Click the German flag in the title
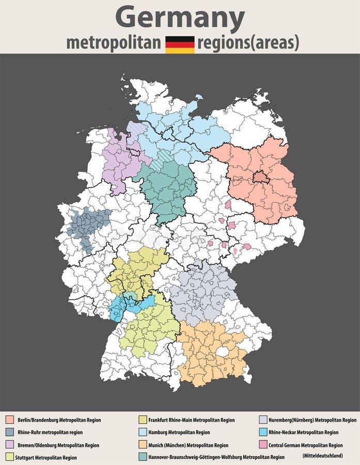tap(180, 44)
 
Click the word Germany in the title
tap(180, 18)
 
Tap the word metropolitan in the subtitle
tap(114, 43)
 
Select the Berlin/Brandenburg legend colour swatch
tap(9, 420)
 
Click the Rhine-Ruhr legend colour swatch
tap(9, 432)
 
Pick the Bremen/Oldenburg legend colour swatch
tap(9, 445)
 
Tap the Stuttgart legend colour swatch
tap(9, 457)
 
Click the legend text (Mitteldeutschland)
tap(322, 456)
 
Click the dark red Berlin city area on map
tap(260, 178)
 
